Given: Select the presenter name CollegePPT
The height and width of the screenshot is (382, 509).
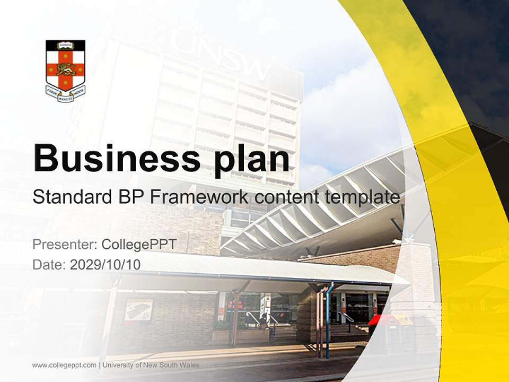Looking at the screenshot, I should (138, 245).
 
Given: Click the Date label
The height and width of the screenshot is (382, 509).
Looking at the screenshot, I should (49, 264).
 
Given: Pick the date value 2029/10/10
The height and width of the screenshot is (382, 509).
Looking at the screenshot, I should (106, 264).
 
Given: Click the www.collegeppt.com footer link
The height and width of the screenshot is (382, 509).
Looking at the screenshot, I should (64, 365).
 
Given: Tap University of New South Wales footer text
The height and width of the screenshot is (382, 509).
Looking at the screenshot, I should (151, 365).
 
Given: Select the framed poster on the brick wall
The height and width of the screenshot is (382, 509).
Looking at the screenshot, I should (138, 310).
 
